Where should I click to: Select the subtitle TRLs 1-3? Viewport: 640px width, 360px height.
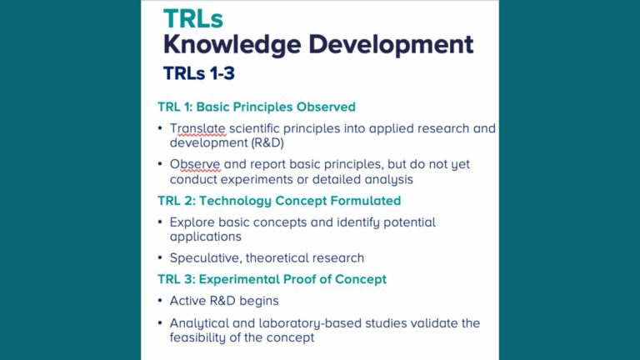pyautogui.click(x=199, y=73)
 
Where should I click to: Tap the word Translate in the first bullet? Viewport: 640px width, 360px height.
pyautogui.click(x=197, y=128)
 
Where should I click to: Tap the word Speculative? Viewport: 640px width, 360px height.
pyautogui.click(x=204, y=257)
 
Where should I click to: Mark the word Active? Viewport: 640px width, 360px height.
pyautogui.click(x=187, y=301)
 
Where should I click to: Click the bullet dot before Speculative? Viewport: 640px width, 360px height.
pyautogui.click(x=160, y=258)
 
